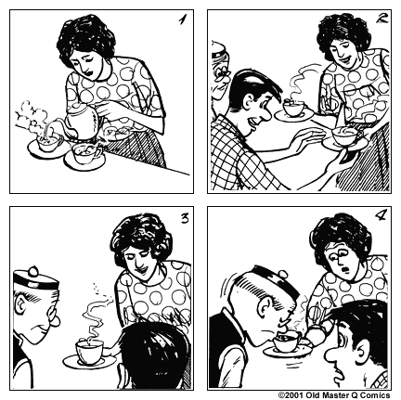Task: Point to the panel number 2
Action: pyautogui.click(x=379, y=20)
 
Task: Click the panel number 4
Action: pyautogui.click(x=378, y=220)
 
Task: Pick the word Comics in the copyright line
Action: pyautogui.click(x=380, y=394)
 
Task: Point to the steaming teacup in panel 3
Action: pyautogui.click(x=89, y=352)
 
